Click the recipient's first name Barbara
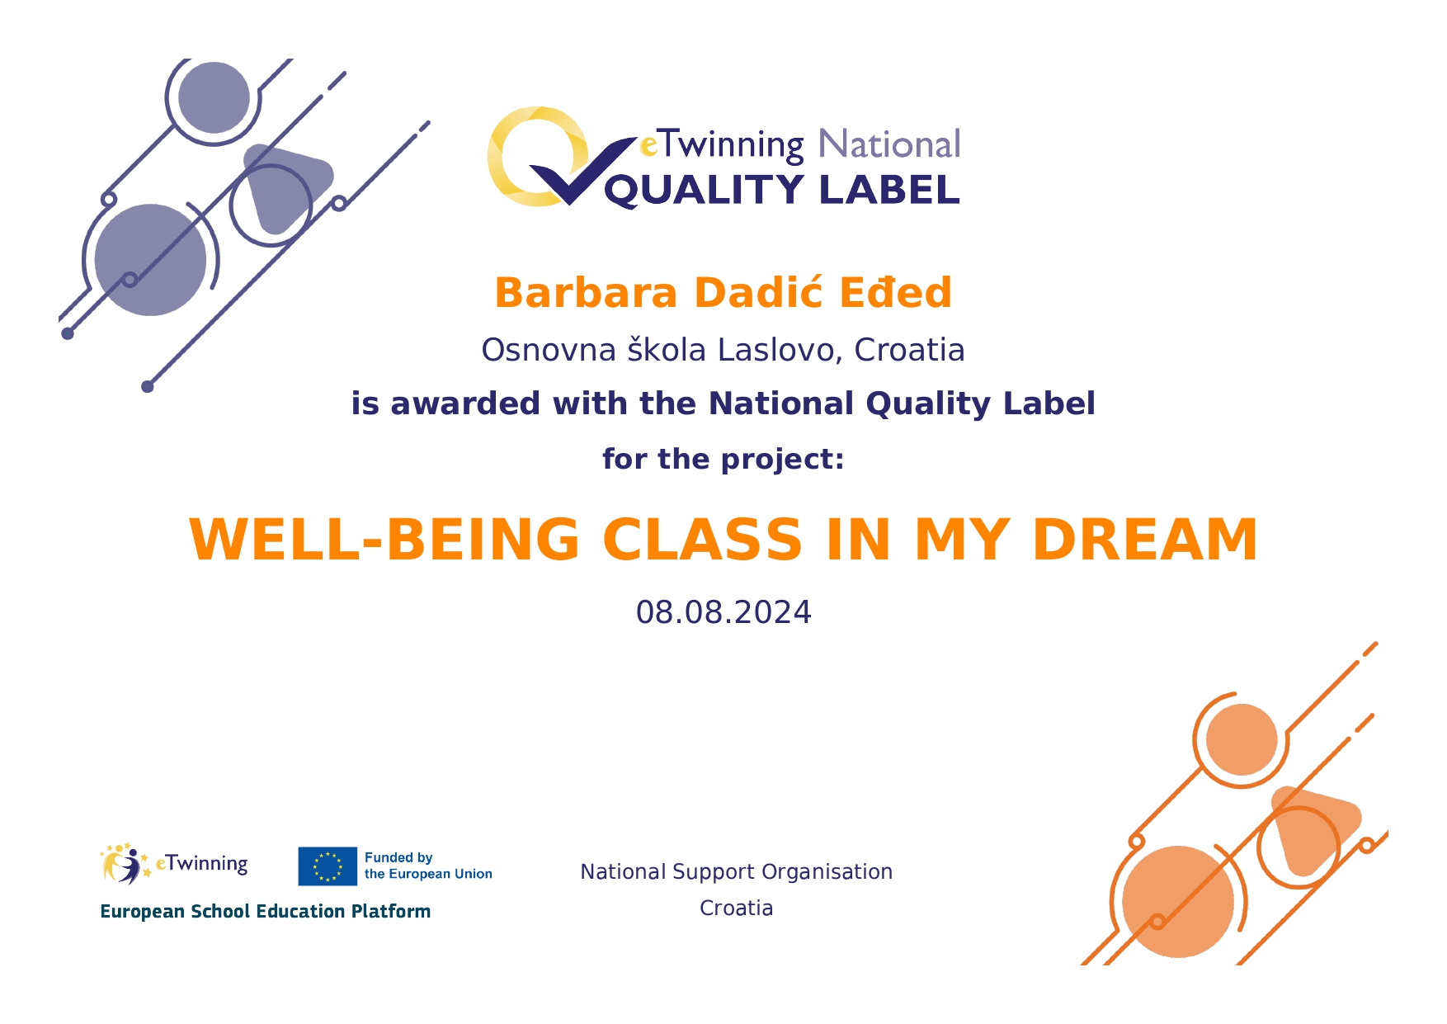586,293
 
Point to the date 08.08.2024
723,612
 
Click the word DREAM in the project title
1145,540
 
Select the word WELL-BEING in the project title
385,540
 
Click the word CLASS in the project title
702,540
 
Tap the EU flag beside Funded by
328,866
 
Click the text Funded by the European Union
428,866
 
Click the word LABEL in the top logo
889,190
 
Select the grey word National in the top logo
889,144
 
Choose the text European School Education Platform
266,911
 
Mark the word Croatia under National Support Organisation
737,908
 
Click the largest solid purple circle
150,260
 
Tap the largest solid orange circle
1178,902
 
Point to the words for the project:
723,459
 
